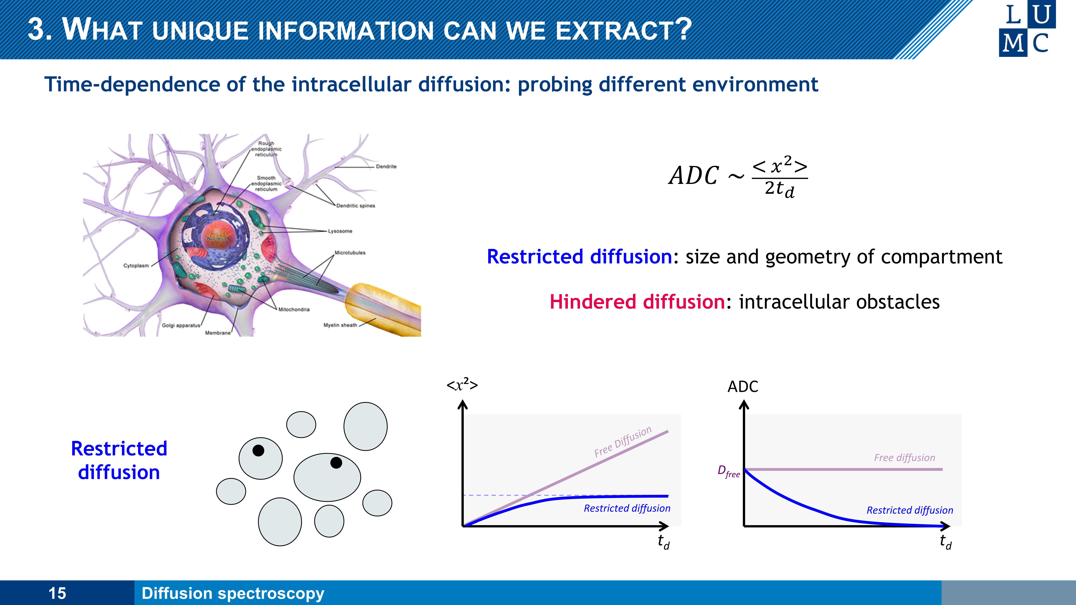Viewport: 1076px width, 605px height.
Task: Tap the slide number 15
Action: [57, 593]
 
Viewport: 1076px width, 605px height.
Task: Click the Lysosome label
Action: [340, 231]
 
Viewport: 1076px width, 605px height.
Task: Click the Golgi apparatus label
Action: [181, 325]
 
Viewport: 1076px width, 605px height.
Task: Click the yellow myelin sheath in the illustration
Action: [382, 309]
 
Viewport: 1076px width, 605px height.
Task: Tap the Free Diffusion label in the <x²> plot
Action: [622, 442]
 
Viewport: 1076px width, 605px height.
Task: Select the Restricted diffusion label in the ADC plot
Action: [910, 510]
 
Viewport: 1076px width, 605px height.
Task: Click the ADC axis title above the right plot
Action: [743, 387]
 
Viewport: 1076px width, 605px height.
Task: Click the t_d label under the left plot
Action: [663, 542]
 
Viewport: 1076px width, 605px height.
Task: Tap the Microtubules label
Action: [350, 253]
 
